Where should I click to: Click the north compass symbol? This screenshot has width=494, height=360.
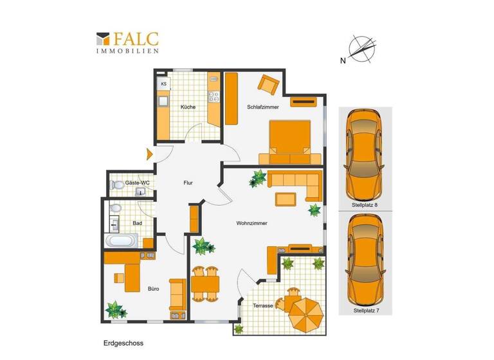point(361,50)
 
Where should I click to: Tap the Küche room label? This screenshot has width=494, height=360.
point(188,107)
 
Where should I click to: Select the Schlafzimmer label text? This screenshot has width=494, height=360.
point(263,107)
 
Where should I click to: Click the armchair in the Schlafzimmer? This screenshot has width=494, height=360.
point(268,84)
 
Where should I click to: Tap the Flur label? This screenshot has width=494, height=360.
point(188,183)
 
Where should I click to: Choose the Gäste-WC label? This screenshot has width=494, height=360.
point(137,183)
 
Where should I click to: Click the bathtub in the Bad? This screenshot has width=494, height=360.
point(122,242)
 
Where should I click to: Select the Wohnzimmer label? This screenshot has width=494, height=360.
point(252,223)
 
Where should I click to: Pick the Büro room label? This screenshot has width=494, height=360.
point(154,289)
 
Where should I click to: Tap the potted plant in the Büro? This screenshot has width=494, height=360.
point(116,310)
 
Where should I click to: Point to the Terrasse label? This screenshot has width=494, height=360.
point(264,305)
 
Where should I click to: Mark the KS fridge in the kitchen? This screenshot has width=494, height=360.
point(164,84)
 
